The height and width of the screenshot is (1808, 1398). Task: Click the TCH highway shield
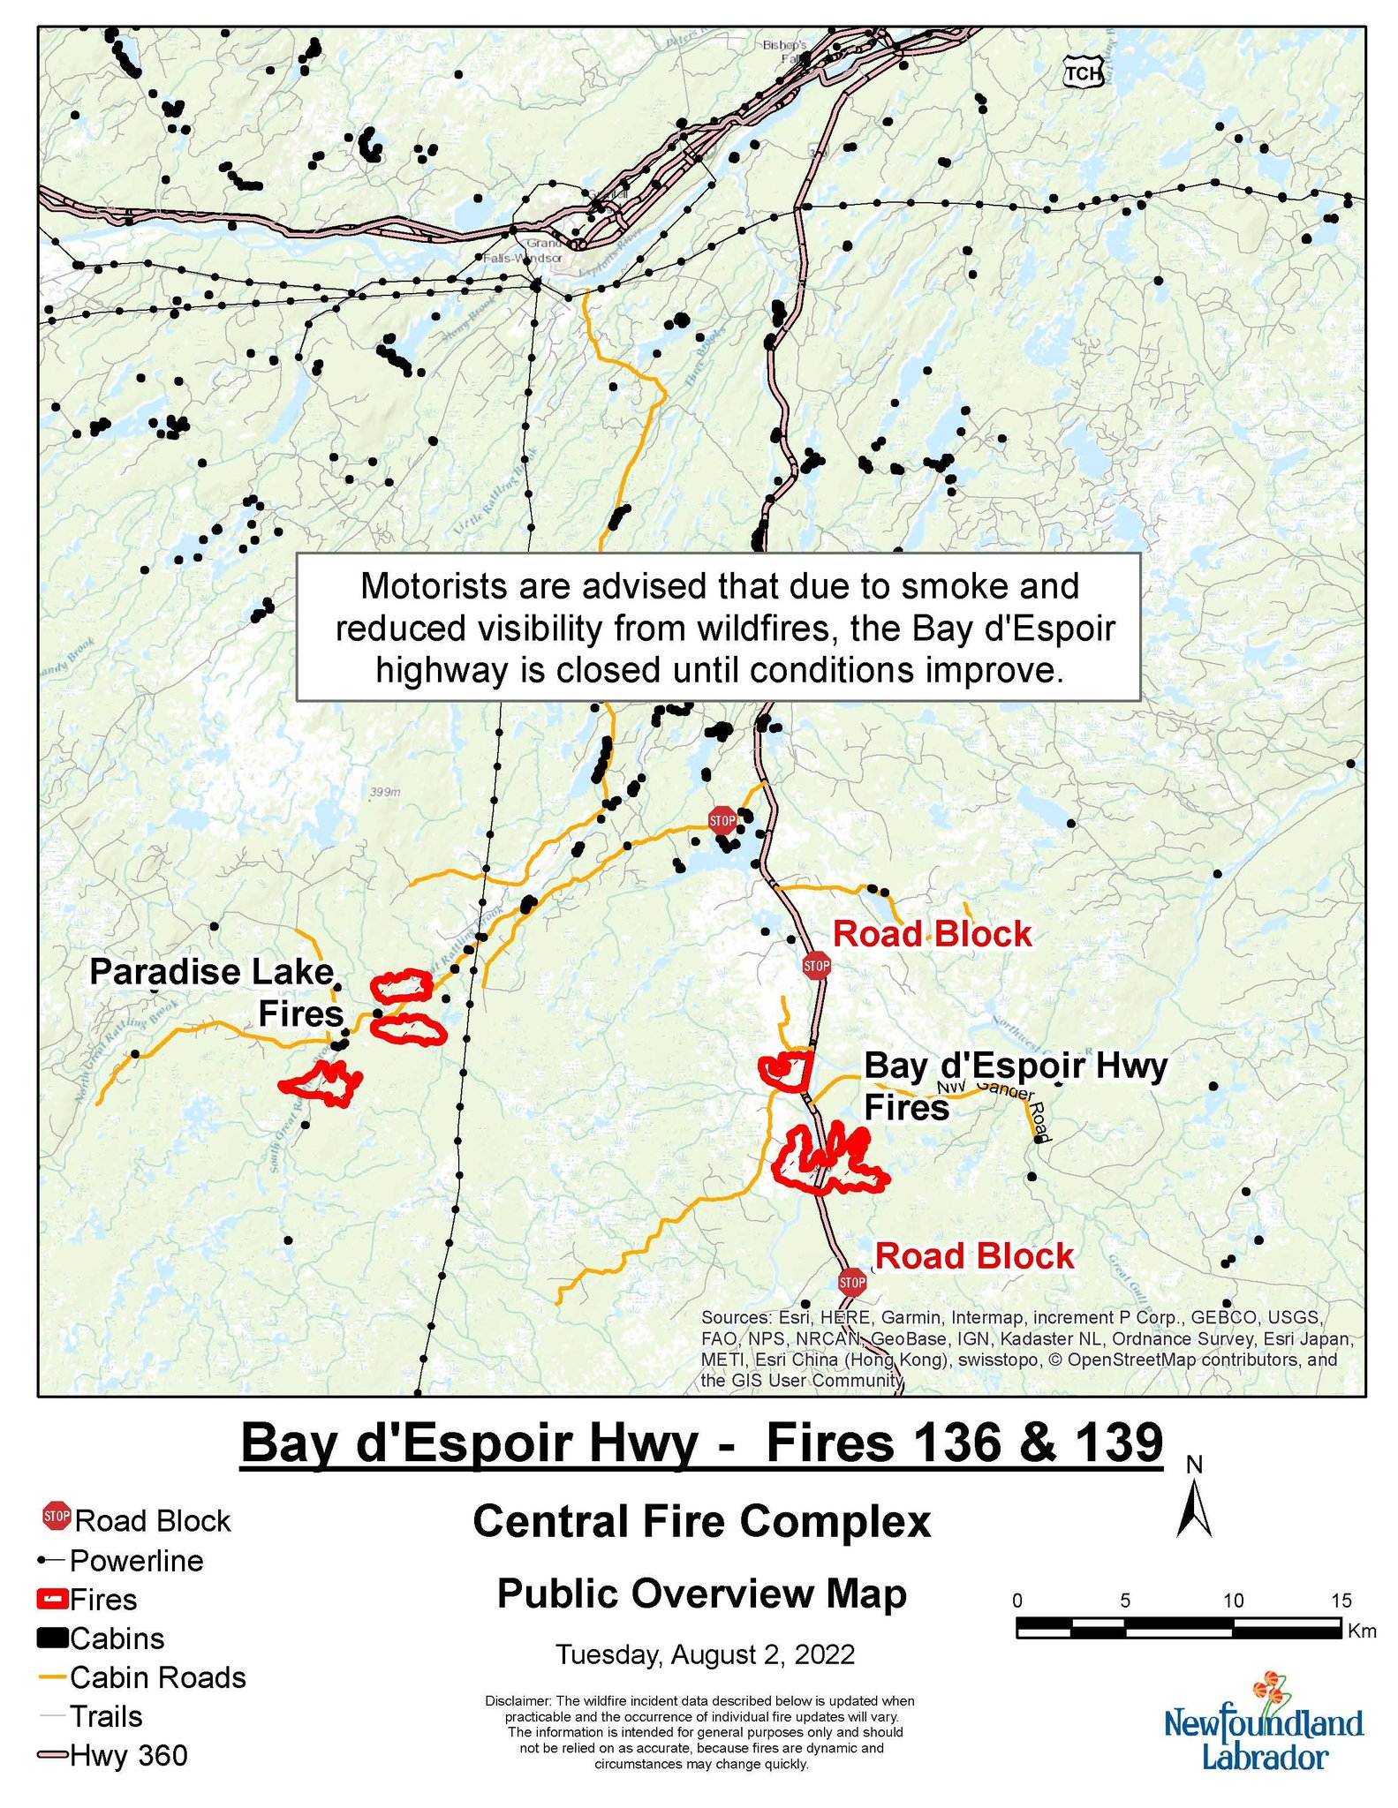coord(1083,73)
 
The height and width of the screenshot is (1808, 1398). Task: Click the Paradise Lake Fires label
coord(216,992)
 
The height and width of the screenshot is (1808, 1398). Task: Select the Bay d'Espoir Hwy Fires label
coord(1015,1085)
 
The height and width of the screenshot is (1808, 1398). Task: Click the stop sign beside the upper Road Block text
coord(817,965)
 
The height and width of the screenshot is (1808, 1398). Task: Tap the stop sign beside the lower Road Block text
coord(852,1280)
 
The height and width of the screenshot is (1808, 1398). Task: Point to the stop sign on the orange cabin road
coord(722,820)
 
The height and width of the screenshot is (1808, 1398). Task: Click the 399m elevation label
coord(385,792)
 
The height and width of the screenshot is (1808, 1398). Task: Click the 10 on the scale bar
coord(1233,1601)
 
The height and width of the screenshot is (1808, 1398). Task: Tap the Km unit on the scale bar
coord(1362,1631)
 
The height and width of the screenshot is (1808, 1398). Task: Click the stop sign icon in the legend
coord(57,1518)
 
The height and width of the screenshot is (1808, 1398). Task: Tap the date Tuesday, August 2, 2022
coord(705,1654)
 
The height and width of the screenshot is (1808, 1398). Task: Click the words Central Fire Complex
coord(701,1522)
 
